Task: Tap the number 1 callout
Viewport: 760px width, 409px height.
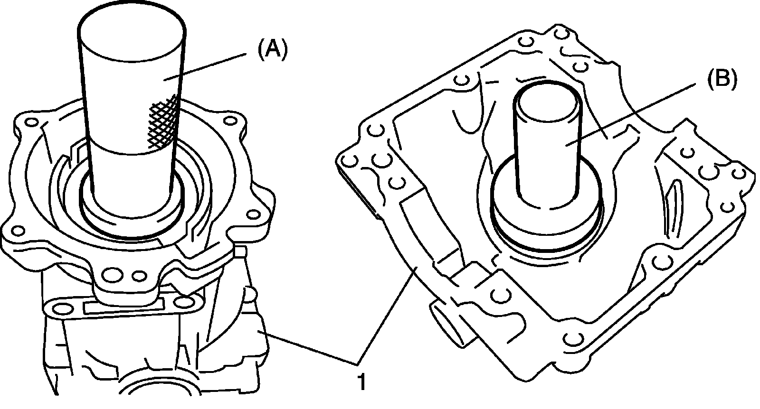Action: [x=362, y=382]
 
